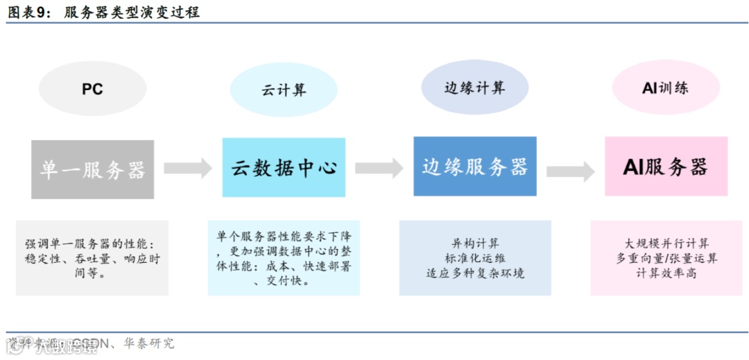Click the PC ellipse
tap(92, 89)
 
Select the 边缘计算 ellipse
tap(475, 88)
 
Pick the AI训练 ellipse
tap(665, 88)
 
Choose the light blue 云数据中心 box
tap(284, 168)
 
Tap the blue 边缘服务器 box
tap(475, 166)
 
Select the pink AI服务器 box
tap(666, 166)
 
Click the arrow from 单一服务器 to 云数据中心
tap(188, 168)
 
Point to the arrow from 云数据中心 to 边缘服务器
tap(379, 168)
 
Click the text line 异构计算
tap(475, 243)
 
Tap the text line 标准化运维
tap(475, 258)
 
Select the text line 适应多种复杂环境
tap(475, 273)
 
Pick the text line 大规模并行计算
tap(666, 243)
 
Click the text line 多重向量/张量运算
tap(666, 258)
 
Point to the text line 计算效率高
tap(666, 273)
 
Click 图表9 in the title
tap(28, 12)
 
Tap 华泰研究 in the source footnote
tap(151, 343)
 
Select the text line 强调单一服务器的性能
tap(91, 245)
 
